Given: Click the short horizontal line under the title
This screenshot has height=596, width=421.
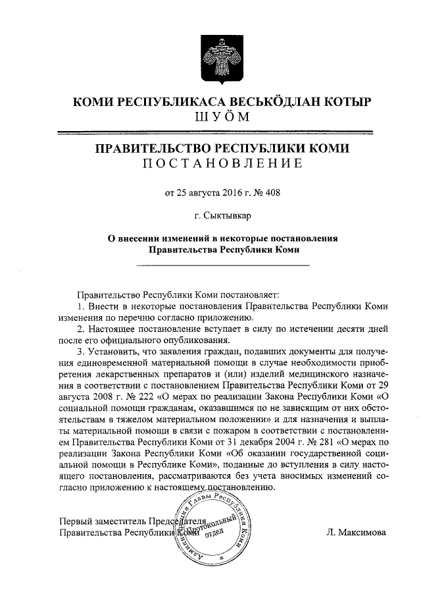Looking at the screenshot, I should click(222, 265).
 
